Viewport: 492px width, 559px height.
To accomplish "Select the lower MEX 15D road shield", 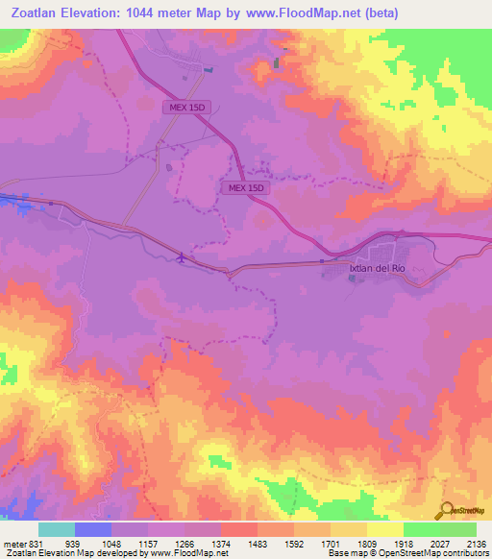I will pyautogui.click(x=247, y=188).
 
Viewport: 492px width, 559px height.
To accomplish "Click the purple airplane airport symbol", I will pyautogui.click(x=183, y=256).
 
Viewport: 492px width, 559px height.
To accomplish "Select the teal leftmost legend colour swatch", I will pyautogui.click(x=57, y=528).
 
